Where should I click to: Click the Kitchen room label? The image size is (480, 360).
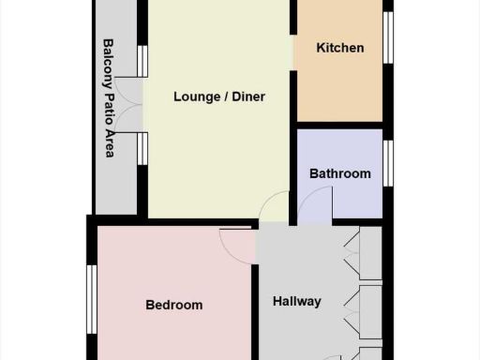340,48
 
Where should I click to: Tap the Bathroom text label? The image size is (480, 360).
340,173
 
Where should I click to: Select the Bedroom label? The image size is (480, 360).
174,305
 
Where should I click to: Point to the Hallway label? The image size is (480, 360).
297,301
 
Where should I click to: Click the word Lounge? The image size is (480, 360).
197,97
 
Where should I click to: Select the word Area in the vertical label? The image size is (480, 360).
109,143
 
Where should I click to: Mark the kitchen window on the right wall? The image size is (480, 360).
387,37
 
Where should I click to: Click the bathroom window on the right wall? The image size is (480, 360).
387,163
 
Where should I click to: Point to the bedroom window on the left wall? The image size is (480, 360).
92,299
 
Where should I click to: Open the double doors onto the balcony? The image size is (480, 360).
134,104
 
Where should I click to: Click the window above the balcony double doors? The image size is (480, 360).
142,61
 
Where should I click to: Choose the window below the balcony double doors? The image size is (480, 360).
142,148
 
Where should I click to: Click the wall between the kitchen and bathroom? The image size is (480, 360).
339,125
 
